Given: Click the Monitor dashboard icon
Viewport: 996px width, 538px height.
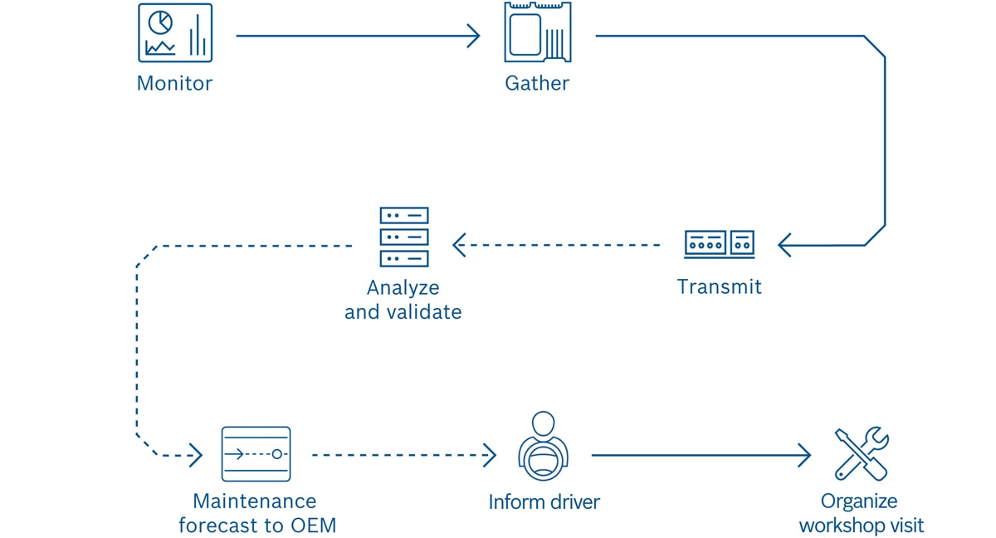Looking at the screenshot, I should click(x=175, y=33).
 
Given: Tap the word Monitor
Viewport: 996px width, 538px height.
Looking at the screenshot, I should click(x=174, y=84).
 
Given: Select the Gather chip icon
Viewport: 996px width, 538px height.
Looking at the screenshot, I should click(x=537, y=33).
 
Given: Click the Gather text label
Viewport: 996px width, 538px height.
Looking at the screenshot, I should click(x=537, y=84).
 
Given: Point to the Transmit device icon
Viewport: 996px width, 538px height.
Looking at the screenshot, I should click(x=719, y=244).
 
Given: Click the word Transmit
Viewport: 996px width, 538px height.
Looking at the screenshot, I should click(x=719, y=287).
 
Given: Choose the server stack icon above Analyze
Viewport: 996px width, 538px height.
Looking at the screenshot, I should click(x=404, y=237).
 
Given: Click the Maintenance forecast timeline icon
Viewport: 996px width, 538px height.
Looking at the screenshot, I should click(x=256, y=454).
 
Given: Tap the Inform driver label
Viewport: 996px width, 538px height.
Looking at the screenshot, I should click(x=544, y=502).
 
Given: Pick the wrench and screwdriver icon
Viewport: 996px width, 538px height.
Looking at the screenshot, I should click(x=862, y=454).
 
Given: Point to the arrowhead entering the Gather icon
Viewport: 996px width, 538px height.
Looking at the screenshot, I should click(x=474, y=36).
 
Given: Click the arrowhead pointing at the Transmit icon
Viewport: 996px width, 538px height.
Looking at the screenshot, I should click(x=784, y=245).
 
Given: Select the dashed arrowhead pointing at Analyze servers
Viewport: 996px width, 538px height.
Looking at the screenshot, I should click(x=459, y=245).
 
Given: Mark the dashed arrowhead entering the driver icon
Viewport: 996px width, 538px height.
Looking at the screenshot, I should click(x=490, y=455).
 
